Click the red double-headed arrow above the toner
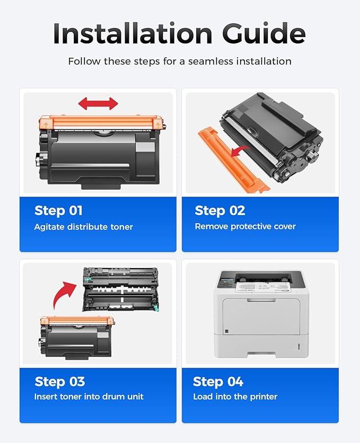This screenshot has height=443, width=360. coord(98,103)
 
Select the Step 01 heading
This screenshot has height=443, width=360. coord(58,210)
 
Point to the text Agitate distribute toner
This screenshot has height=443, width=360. coord(84,227)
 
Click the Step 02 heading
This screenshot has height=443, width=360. coord(219,210)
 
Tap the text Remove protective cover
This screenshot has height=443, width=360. coord(245,227)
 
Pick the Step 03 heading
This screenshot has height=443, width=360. coord(59,382)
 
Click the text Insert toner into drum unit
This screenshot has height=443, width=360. coord(89,396)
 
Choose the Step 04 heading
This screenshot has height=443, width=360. coord(218,382)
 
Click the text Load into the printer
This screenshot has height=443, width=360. coord(235,396)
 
